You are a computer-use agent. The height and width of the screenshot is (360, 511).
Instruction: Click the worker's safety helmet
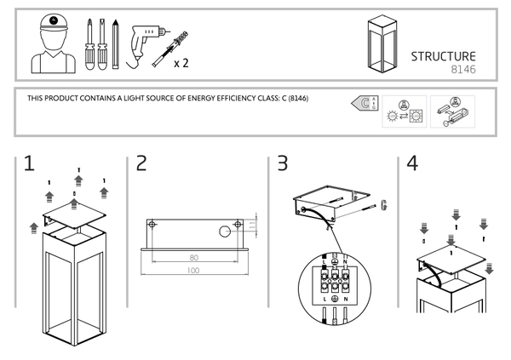(x=54, y=20)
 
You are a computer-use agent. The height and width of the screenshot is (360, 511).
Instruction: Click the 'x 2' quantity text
(x=181, y=63)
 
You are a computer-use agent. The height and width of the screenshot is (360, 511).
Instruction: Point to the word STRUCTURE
(x=443, y=56)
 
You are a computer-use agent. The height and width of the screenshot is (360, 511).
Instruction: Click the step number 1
(x=28, y=164)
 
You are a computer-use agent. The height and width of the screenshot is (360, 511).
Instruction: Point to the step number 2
(x=142, y=164)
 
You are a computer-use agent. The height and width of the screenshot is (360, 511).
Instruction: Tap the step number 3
(x=282, y=164)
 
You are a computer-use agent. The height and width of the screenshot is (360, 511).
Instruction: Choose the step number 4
(x=413, y=164)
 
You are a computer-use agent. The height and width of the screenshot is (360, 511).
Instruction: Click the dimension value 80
(x=194, y=255)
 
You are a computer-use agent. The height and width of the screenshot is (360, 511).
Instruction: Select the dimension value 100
(x=194, y=270)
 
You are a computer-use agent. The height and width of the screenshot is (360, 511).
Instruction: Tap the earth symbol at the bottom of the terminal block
(x=335, y=300)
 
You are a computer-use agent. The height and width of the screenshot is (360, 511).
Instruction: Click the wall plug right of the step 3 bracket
(x=383, y=203)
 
